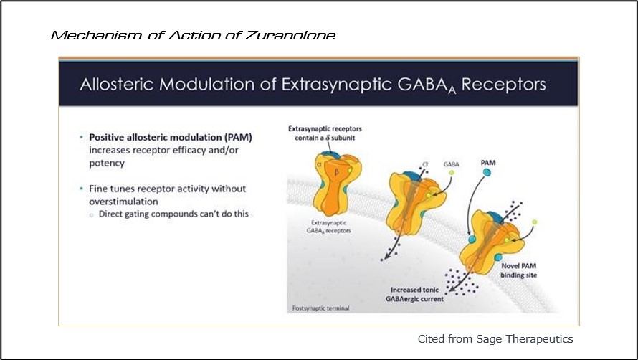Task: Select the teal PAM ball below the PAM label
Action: point(487,173)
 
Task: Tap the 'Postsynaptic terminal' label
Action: point(320,308)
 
